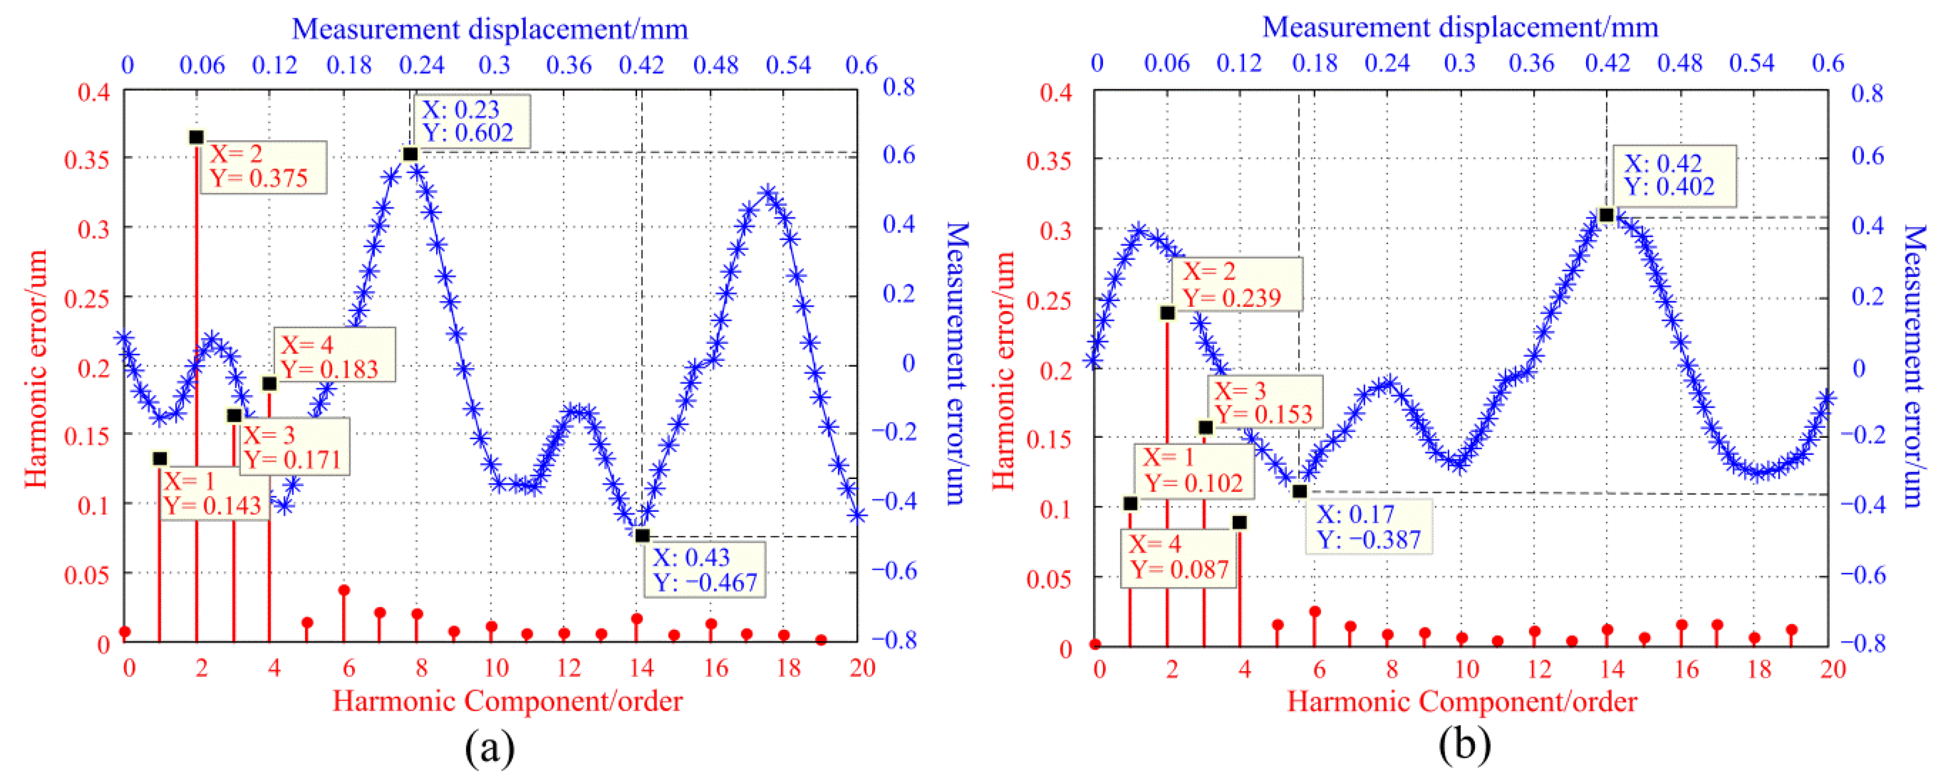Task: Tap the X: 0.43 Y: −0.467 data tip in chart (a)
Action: click(704, 569)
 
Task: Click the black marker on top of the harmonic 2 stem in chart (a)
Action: click(196, 137)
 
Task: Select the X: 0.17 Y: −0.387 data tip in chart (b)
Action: click(1368, 527)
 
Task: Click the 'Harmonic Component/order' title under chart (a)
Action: click(507, 701)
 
